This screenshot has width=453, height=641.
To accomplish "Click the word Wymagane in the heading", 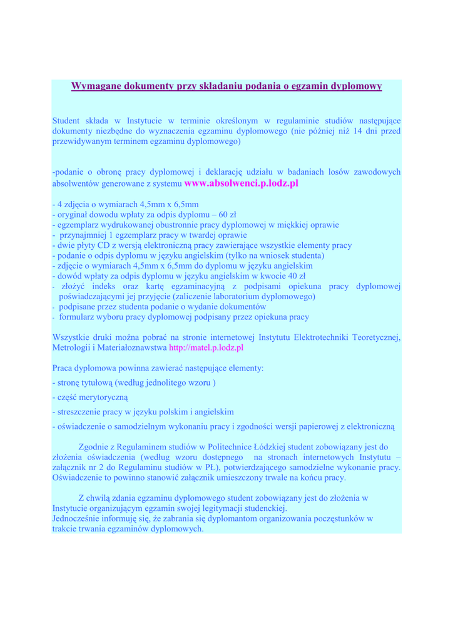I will pyautogui.click(x=96, y=86).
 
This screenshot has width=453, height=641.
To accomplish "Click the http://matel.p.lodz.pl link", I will pyautogui.click(x=206, y=347).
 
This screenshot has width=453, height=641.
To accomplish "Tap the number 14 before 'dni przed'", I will pyautogui.click(x=359, y=131).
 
